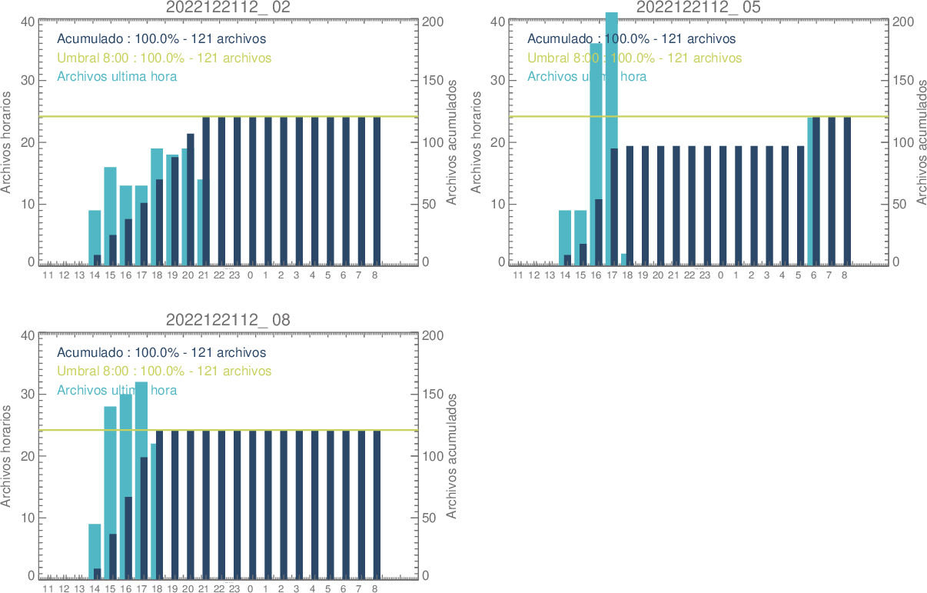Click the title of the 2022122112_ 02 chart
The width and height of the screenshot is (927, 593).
228,8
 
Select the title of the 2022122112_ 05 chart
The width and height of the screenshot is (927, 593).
699,8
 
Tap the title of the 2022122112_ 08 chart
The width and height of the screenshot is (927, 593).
228,320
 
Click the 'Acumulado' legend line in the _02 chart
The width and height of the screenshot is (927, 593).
161,38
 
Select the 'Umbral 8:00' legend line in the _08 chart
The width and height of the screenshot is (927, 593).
164,371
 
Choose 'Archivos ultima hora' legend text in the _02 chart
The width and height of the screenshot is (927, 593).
117,76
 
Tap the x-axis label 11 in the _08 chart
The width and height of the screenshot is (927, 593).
48,588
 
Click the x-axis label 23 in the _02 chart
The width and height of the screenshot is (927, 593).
234,275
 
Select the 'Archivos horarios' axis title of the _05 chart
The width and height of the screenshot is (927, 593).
476,142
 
